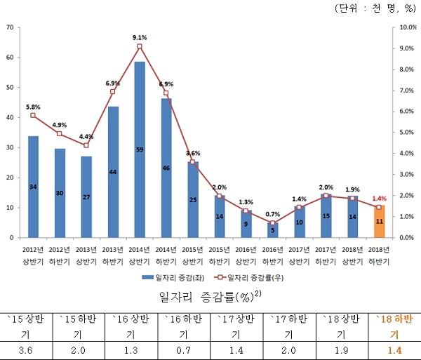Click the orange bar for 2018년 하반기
(x=380, y=222)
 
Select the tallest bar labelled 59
(x=140, y=149)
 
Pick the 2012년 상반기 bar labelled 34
(x=33, y=187)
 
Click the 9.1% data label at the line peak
(x=139, y=37)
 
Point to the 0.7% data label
(x=274, y=214)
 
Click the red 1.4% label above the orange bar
(x=380, y=199)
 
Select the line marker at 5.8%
(x=33, y=115)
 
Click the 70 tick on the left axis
(x=10, y=27)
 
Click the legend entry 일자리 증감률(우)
(x=255, y=278)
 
